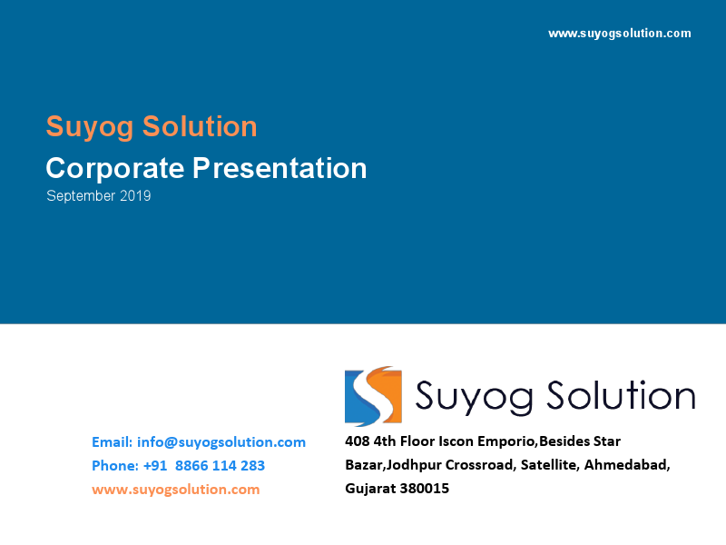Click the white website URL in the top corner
coord(620,34)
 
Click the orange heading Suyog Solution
coord(152,126)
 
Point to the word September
coord(82,196)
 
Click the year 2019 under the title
coord(135,196)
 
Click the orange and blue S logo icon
coord(373,396)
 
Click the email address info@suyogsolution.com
coord(221,442)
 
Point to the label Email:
coord(112,442)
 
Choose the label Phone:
coord(114,466)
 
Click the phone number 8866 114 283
coord(220,466)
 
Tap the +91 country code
coord(156,466)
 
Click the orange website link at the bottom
coord(175,490)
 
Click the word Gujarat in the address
coord(369,490)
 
